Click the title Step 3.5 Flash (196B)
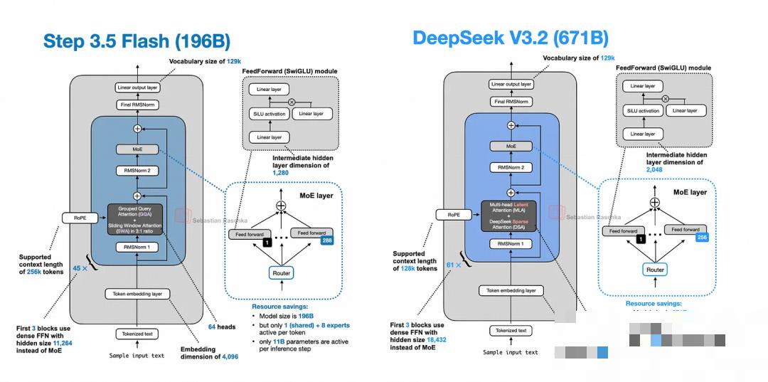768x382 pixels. coord(137,41)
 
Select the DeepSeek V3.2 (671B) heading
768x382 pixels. coord(510,38)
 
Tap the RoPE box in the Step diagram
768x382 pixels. coord(76,218)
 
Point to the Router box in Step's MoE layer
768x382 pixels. coord(282,272)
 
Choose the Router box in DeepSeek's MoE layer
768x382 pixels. coord(655,270)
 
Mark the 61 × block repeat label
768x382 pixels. coord(453,265)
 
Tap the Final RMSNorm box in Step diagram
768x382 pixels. coord(138,105)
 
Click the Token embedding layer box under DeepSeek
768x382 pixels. coord(511,290)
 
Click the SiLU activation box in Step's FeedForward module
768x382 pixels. coord(268,114)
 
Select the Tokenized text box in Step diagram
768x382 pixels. coord(138,334)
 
